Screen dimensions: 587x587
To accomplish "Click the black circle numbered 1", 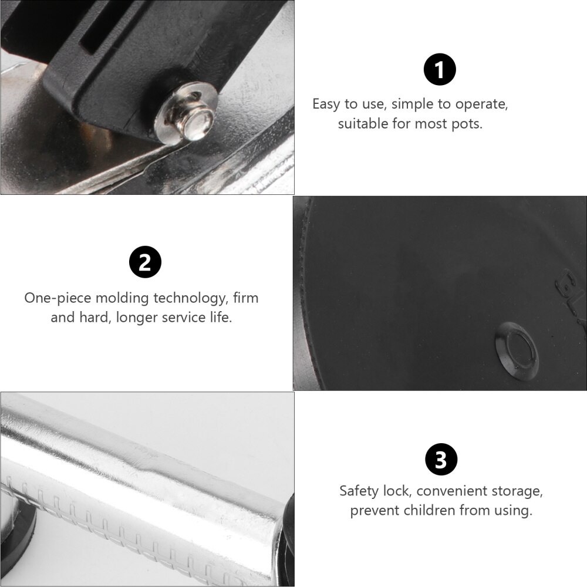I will click(x=440, y=70).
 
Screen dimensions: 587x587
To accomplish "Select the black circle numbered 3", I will click(x=440, y=460).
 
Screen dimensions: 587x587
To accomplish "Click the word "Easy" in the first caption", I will click(x=326, y=104).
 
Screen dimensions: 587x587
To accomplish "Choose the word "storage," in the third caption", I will click(x=517, y=491).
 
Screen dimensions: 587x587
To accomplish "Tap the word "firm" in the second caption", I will click(x=245, y=298).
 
